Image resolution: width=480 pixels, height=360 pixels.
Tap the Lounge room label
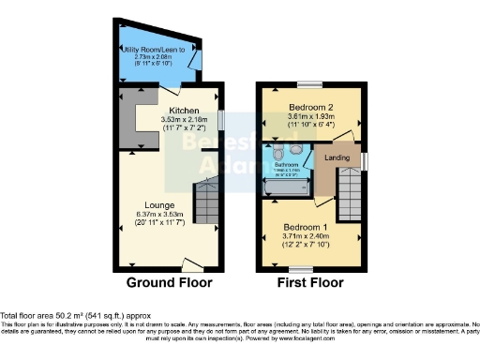point(160,204)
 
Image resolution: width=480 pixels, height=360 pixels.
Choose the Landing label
point(337,157)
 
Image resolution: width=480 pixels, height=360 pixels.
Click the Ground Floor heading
point(170,282)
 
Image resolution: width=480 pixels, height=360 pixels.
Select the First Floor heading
point(311,282)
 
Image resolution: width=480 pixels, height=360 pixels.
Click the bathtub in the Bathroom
point(285,187)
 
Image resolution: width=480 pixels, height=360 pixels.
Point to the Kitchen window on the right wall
point(220,121)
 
